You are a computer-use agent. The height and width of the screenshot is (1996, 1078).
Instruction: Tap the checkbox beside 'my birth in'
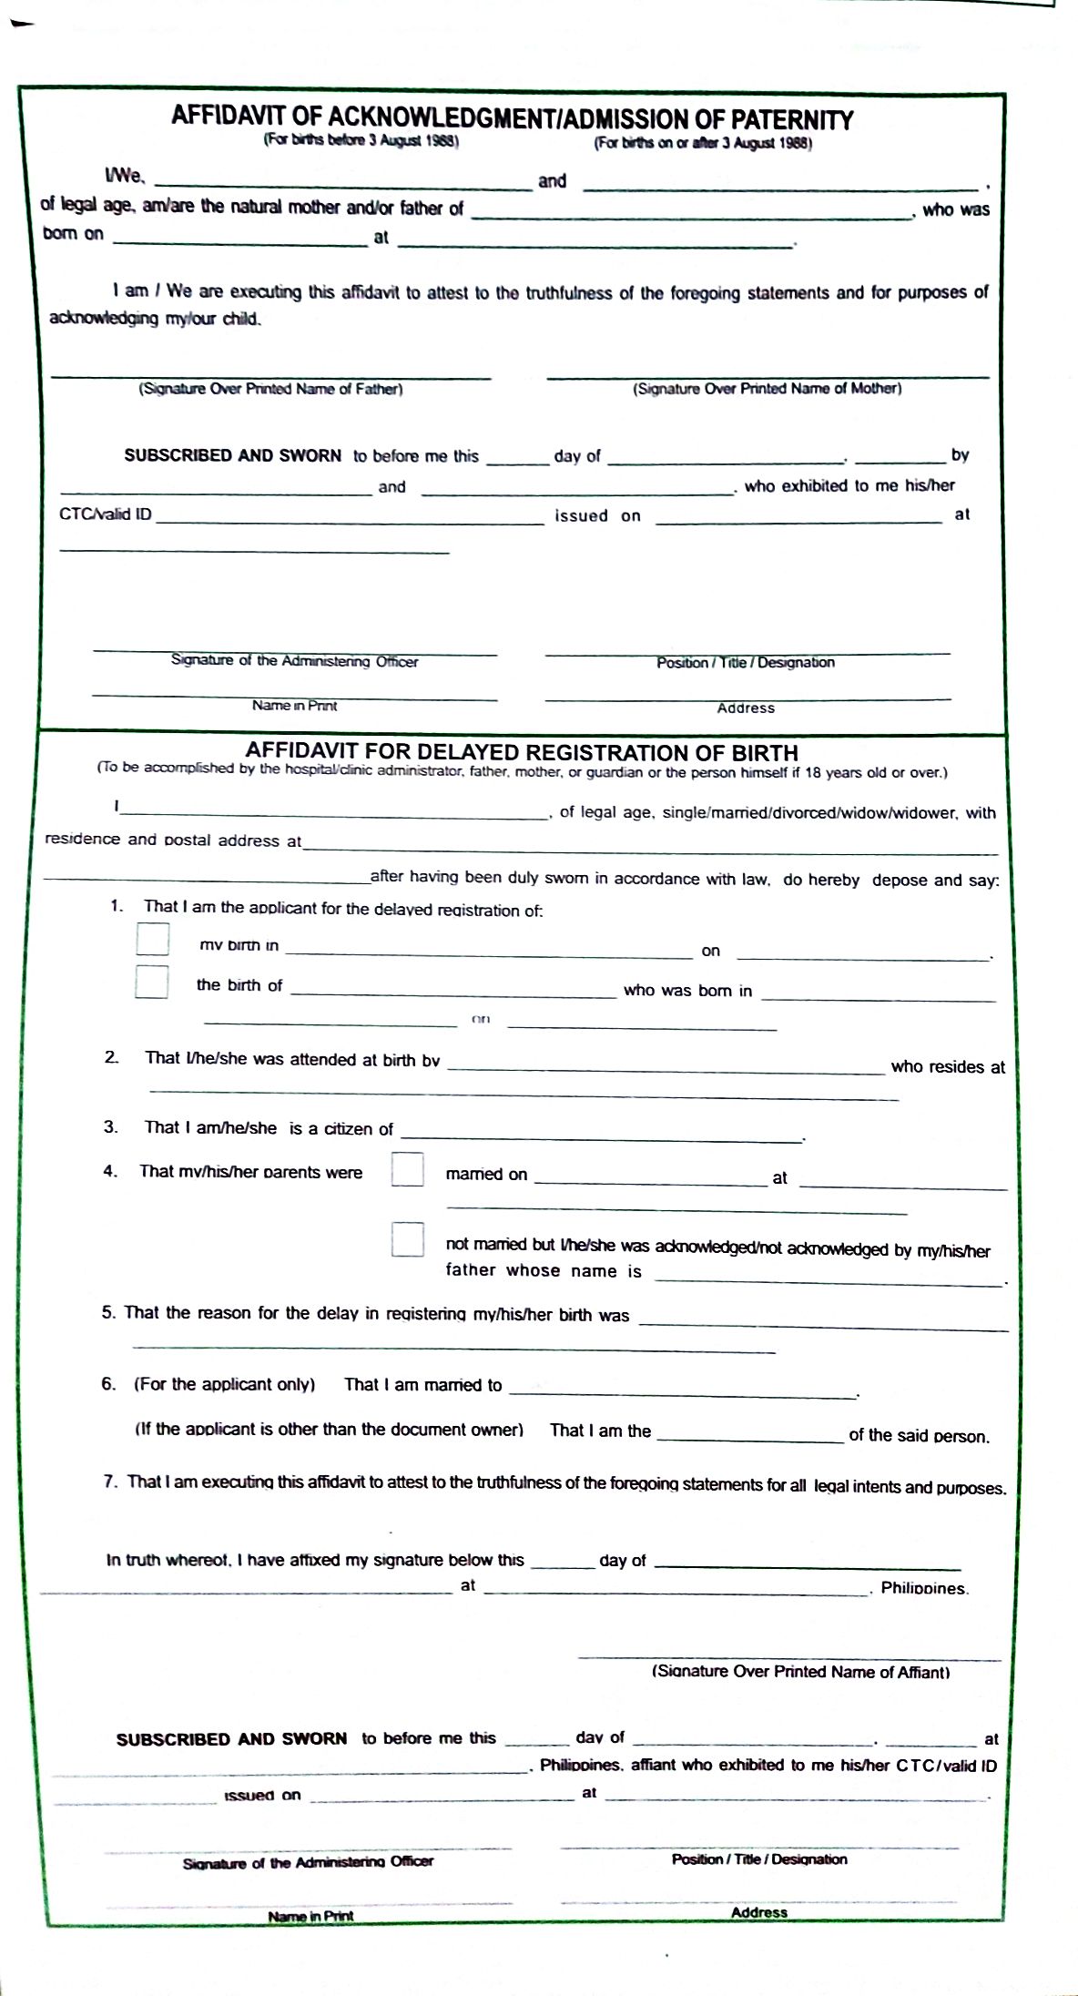pos(152,940)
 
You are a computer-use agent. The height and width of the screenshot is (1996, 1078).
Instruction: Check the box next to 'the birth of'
pos(152,982)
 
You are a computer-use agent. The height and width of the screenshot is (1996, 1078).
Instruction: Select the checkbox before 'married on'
pos(407,1169)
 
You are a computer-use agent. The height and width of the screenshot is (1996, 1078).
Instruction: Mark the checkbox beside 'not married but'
pos(407,1239)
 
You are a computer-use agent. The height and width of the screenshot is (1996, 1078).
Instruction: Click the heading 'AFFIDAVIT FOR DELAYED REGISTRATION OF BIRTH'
pos(522,753)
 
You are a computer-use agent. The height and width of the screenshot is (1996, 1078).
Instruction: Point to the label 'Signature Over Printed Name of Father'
pos(270,389)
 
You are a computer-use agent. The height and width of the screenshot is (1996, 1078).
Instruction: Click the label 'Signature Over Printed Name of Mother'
pos(768,389)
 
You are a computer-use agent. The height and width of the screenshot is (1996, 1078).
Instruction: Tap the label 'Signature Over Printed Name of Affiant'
pos(800,1671)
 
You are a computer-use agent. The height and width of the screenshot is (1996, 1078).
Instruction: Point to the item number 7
pos(110,1482)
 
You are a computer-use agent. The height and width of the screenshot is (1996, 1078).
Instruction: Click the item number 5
pos(108,1312)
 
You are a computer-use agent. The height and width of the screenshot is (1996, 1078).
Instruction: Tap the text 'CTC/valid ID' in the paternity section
pos(106,514)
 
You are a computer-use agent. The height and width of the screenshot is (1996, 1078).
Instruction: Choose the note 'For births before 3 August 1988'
pos(361,141)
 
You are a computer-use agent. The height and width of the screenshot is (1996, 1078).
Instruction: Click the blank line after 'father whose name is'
pos(829,1279)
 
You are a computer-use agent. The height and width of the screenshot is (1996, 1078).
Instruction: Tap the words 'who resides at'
pos(948,1066)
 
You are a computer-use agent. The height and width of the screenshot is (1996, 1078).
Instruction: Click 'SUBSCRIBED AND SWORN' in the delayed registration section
pos(231,1738)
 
